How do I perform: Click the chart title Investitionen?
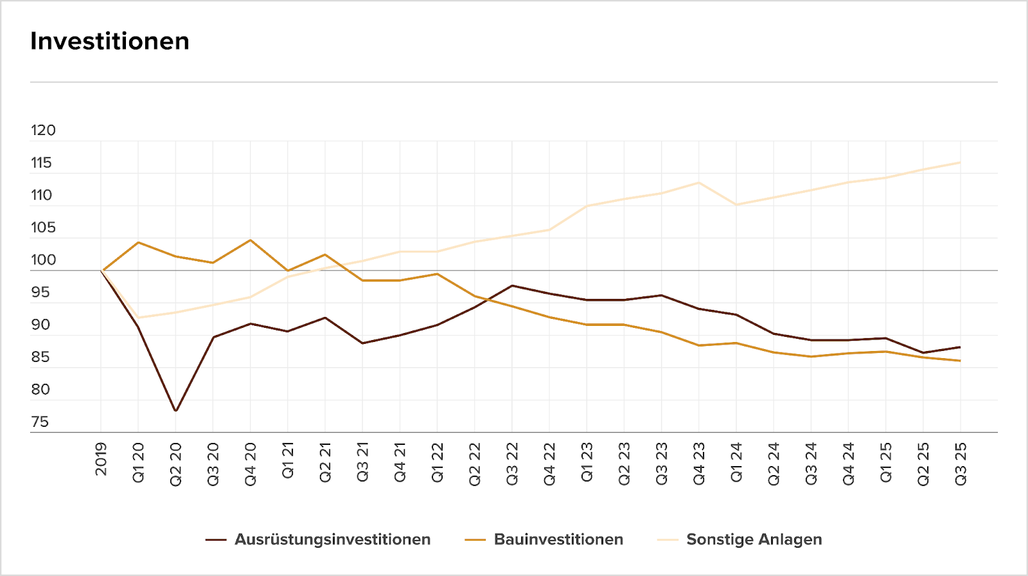click(110, 41)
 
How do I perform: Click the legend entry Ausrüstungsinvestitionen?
click(332, 539)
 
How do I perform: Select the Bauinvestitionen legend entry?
click(558, 539)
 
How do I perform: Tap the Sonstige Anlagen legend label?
click(754, 539)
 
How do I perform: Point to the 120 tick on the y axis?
click(43, 130)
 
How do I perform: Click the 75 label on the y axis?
click(40, 422)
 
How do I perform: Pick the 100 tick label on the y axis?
click(43, 260)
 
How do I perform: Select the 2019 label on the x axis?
click(101, 459)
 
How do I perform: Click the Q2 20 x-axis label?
click(175, 464)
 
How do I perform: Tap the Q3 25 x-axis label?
click(961, 464)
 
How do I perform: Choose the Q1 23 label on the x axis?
click(587, 462)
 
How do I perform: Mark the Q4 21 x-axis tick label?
click(400, 462)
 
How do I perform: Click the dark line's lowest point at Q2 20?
click(175, 411)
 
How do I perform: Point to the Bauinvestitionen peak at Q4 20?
click(251, 240)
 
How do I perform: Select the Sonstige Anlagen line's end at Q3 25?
click(961, 163)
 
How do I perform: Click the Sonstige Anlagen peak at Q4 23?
click(699, 183)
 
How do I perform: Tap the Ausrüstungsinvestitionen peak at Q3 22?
click(512, 285)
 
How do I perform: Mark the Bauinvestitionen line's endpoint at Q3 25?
click(961, 361)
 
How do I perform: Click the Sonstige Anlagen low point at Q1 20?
click(138, 318)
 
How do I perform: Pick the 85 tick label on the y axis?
click(40, 357)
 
